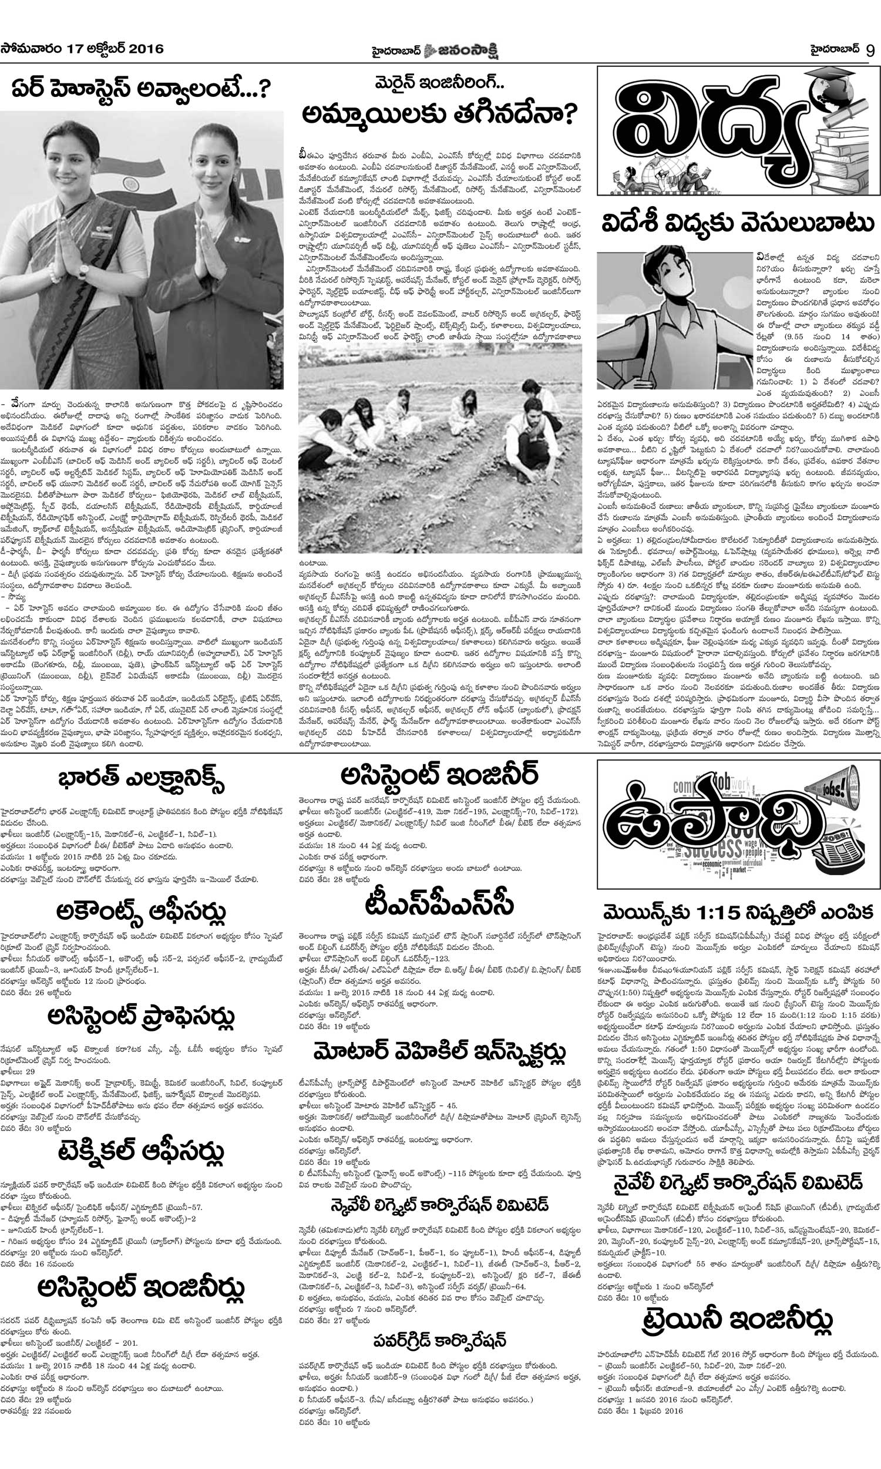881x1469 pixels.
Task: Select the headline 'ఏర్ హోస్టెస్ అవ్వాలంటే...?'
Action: point(142,90)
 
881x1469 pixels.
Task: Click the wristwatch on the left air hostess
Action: point(83,270)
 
